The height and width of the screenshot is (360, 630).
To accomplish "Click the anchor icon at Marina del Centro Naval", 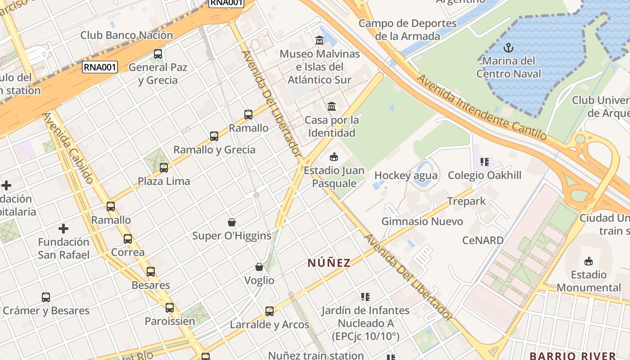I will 508,47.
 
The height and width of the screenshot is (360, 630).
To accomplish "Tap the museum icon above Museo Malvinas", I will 319,40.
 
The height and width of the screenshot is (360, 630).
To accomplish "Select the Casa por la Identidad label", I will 332,126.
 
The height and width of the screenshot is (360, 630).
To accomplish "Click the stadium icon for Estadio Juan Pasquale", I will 333,157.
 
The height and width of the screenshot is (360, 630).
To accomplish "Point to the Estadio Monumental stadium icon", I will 588,261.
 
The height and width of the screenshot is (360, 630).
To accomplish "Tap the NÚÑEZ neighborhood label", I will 329,263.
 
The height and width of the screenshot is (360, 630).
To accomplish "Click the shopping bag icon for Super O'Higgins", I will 232,222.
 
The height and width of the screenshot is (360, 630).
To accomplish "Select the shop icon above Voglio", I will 259,267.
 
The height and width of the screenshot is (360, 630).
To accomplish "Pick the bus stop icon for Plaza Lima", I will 164,168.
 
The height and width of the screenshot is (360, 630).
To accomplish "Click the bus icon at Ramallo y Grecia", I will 214,136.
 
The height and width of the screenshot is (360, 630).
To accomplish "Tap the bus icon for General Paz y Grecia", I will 157,54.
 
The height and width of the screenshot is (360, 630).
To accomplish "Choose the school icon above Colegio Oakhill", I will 484,162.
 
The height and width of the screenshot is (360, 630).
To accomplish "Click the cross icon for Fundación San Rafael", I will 63,229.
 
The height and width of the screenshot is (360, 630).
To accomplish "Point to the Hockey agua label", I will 405,175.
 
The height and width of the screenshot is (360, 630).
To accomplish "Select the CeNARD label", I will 483,240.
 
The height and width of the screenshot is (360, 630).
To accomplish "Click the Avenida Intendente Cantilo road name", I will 481,107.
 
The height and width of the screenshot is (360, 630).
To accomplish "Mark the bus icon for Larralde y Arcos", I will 270,311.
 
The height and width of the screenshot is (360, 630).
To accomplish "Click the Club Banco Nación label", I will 126,35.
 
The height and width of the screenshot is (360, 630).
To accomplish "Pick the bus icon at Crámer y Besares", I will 46,297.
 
